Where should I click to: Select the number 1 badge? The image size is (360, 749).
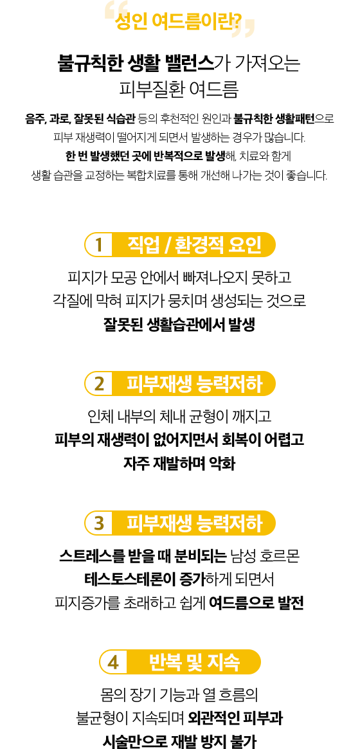pyautogui.click(x=99, y=244)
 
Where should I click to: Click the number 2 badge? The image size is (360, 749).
pyautogui.click(x=99, y=384)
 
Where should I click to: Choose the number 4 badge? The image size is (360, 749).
pyautogui.click(x=113, y=662)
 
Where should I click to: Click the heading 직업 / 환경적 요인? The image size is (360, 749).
pyautogui.click(x=194, y=244)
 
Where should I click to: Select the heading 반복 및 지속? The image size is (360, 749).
pyautogui.click(x=194, y=662)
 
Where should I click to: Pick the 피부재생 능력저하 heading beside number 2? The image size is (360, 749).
pyautogui.click(x=194, y=384)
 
